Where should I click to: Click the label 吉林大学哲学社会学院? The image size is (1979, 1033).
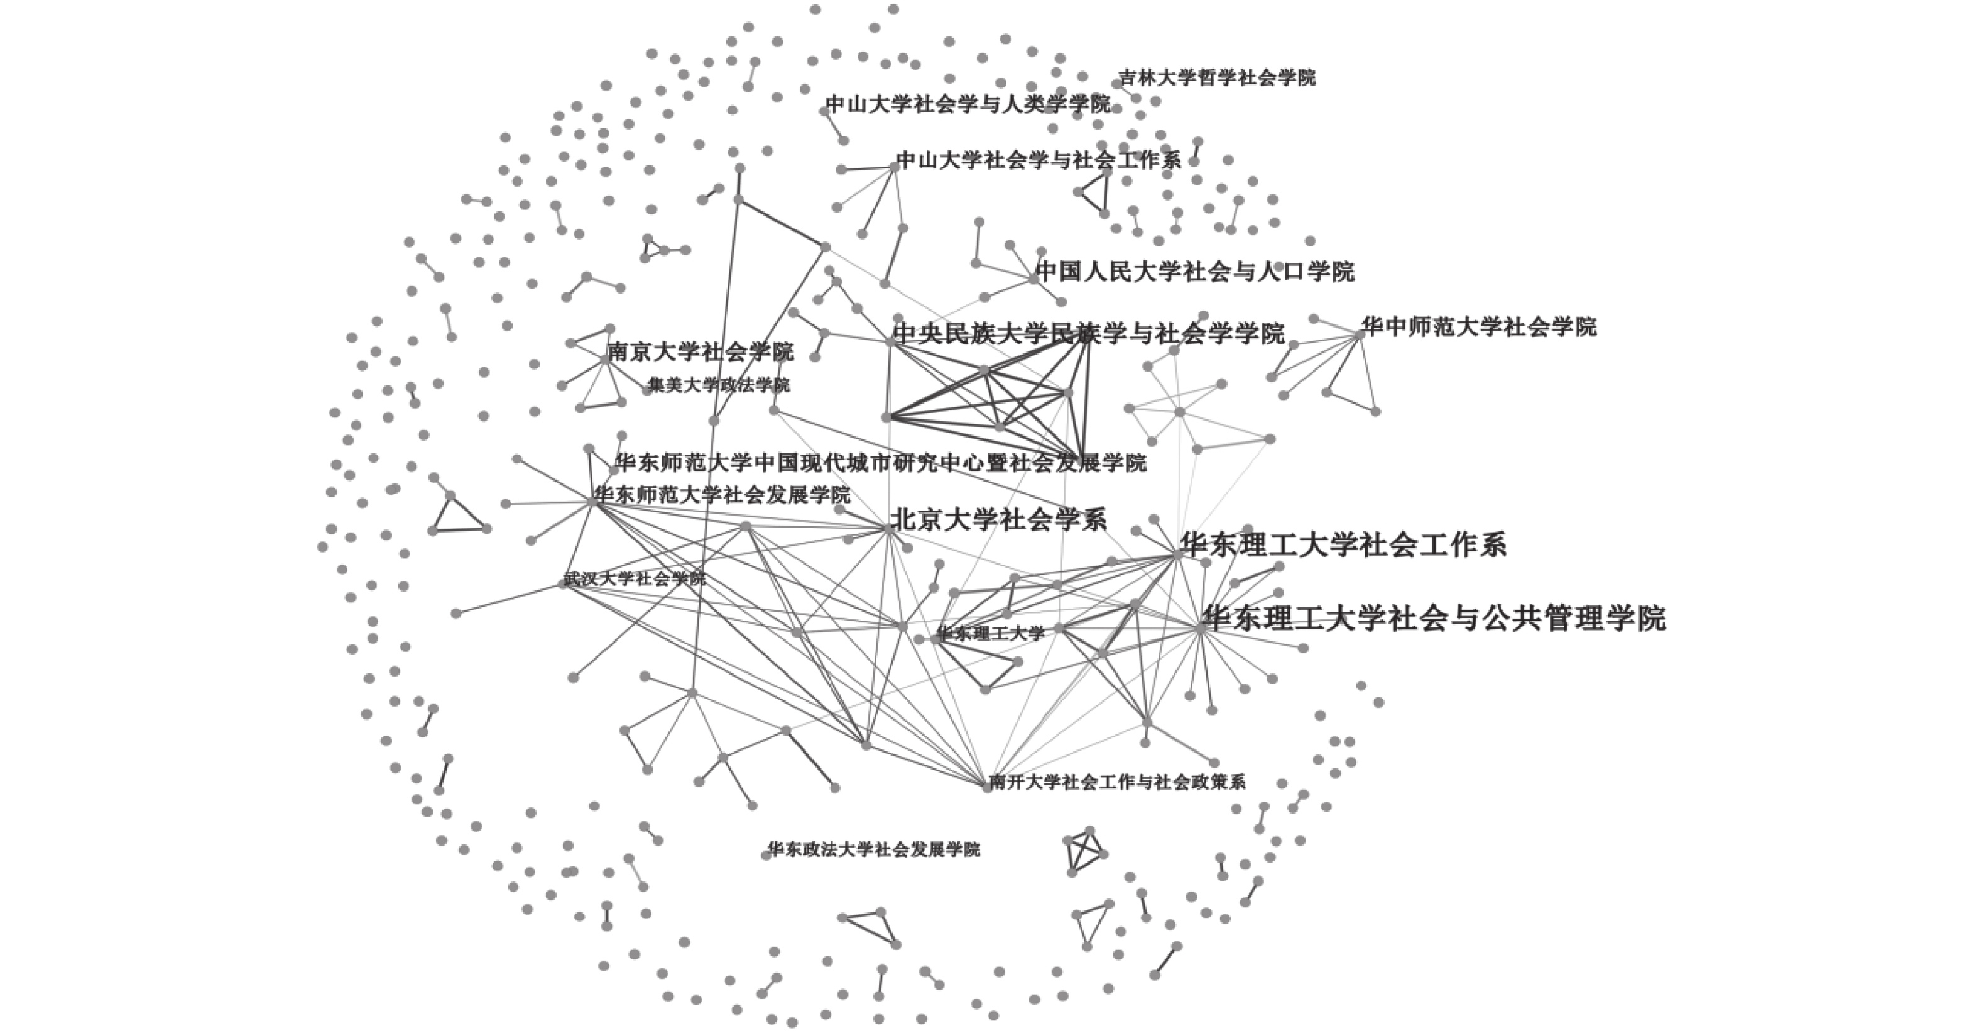click(x=1216, y=77)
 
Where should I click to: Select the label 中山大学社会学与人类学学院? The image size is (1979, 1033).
click(x=968, y=104)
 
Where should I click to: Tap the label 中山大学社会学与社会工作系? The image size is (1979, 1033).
click(x=1039, y=160)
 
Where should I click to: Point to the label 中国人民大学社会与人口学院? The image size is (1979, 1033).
click(x=1194, y=272)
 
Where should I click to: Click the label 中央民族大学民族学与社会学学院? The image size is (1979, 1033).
click(x=1089, y=334)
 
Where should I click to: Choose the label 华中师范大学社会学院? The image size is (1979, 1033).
click(x=1479, y=327)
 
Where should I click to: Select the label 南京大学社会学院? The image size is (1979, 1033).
click(x=700, y=352)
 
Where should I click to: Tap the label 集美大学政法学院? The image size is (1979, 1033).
click(x=718, y=384)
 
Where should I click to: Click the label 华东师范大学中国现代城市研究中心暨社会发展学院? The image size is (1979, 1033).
click(x=880, y=463)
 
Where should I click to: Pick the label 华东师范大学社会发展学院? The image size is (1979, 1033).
click(x=722, y=494)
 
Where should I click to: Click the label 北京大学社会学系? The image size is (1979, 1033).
click(x=998, y=521)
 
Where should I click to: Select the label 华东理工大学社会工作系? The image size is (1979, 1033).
click(x=1343, y=544)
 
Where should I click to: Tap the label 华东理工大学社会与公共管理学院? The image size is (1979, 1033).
click(x=1434, y=618)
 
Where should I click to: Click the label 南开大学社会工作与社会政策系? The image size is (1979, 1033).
click(x=1116, y=782)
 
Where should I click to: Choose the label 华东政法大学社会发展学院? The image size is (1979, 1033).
click(x=873, y=849)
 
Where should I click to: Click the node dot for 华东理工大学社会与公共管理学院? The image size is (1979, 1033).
click(x=1201, y=628)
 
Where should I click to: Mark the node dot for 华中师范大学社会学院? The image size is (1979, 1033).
click(x=1360, y=334)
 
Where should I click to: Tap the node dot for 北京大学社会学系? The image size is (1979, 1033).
click(x=890, y=528)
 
